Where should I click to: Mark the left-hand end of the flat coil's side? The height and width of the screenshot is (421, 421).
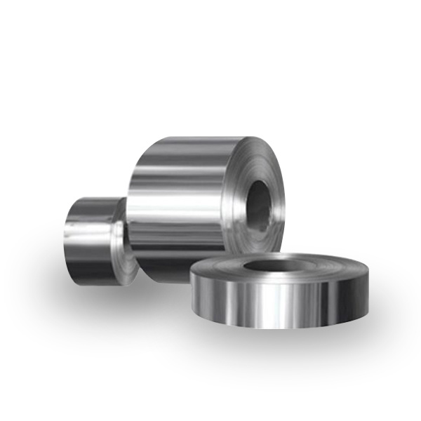tap(196, 295)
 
